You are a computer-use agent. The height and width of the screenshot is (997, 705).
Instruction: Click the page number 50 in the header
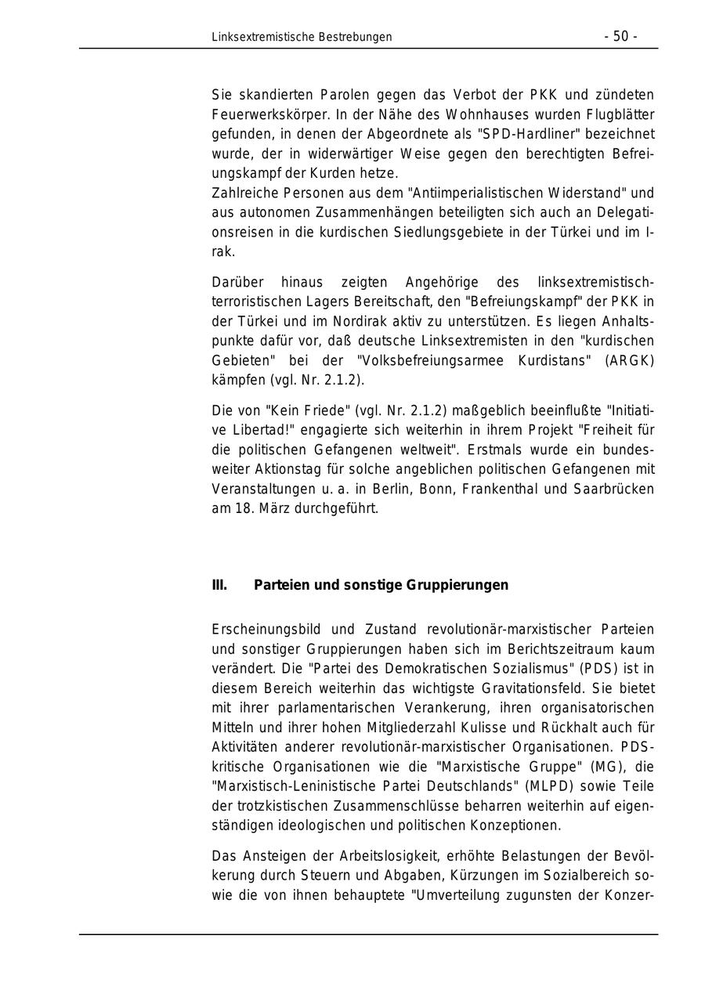pos(620,37)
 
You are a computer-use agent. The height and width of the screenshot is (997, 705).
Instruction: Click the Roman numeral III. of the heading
pos(219,585)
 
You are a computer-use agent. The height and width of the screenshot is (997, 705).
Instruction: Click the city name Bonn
pos(437,489)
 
